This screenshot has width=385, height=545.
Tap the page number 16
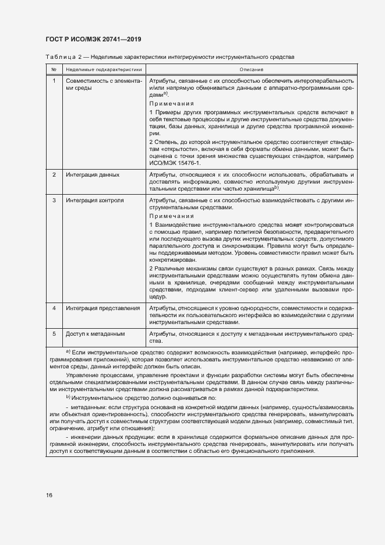click(50, 495)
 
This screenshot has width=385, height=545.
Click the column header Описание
click(250, 69)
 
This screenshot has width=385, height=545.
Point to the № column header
click(54, 69)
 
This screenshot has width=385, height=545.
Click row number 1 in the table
click(54, 80)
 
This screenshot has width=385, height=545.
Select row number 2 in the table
click(54, 175)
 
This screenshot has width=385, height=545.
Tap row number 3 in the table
click(54, 201)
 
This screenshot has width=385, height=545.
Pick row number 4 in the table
click(54, 308)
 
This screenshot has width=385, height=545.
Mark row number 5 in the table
click(54, 333)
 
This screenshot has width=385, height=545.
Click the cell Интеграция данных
click(93, 175)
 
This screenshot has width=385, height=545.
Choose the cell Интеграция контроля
click(94, 201)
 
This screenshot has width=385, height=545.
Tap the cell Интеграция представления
click(103, 308)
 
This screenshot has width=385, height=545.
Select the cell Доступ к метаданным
click(95, 333)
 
